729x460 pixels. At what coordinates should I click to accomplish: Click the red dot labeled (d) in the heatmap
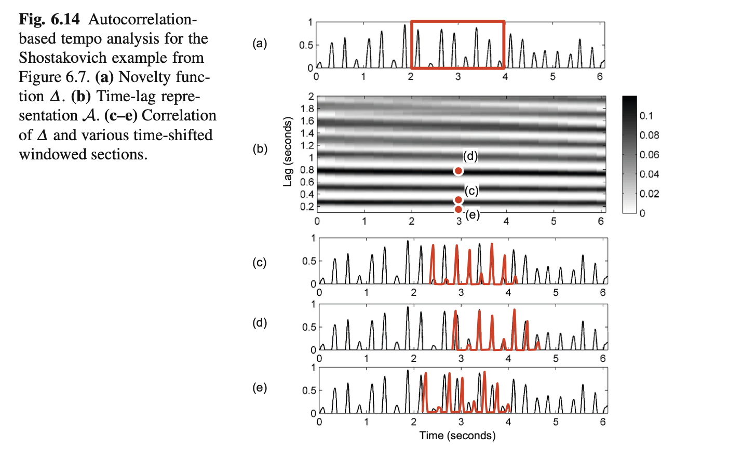[x=458, y=171]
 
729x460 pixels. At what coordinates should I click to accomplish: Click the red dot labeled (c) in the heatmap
[x=458, y=200]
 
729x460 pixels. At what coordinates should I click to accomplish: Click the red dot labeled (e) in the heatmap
[x=458, y=209]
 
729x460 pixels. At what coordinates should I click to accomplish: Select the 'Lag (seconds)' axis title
[x=288, y=152]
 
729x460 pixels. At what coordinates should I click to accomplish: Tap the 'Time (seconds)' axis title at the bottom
[x=457, y=436]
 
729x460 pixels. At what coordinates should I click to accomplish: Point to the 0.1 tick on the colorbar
[x=646, y=116]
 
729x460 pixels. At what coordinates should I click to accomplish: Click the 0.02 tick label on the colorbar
[x=649, y=194]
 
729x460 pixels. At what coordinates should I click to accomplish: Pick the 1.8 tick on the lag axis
[x=307, y=109]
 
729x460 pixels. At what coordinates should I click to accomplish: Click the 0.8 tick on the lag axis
[x=307, y=170]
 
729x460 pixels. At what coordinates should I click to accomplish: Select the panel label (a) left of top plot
[x=260, y=44]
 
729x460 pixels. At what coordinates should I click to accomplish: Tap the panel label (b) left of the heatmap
[x=260, y=149]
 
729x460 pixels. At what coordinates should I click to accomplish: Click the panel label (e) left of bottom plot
[x=260, y=388]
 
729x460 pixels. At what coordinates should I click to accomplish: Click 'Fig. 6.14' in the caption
[x=49, y=20]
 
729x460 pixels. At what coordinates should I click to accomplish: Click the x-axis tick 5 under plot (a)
[x=552, y=77]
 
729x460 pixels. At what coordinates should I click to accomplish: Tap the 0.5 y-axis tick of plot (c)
[x=309, y=261]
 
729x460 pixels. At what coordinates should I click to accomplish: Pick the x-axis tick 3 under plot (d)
[x=461, y=358]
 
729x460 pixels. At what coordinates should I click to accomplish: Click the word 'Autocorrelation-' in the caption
[x=143, y=20]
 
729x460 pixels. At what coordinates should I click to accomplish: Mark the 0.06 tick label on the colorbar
[x=649, y=155]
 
